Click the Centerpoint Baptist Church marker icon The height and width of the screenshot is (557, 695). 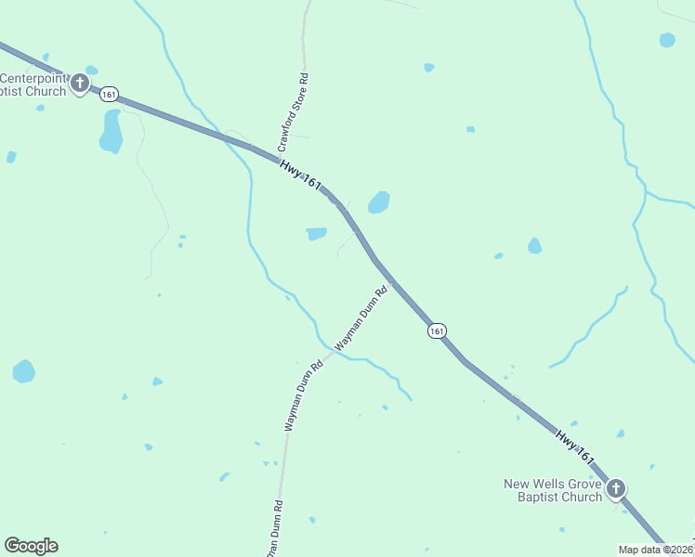tap(80, 84)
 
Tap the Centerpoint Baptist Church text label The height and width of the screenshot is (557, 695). tap(33, 84)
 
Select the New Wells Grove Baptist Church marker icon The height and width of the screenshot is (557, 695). tap(615, 489)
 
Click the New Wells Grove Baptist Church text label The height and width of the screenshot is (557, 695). tap(553, 490)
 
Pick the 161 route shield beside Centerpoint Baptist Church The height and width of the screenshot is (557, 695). tap(110, 94)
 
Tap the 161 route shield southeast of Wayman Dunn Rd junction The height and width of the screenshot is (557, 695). tap(437, 330)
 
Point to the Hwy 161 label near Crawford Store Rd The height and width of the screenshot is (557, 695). tap(300, 175)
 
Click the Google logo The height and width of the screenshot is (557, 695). tap(31, 546)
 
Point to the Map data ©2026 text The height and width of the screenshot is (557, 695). tap(656, 549)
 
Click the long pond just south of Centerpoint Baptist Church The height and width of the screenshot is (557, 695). tap(111, 131)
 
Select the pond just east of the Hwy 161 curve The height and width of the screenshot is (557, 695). tap(378, 201)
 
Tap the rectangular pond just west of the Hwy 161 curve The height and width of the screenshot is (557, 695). tap(317, 234)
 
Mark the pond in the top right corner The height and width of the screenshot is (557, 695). tap(667, 40)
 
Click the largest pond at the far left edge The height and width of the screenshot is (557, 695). tap(24, 371)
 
